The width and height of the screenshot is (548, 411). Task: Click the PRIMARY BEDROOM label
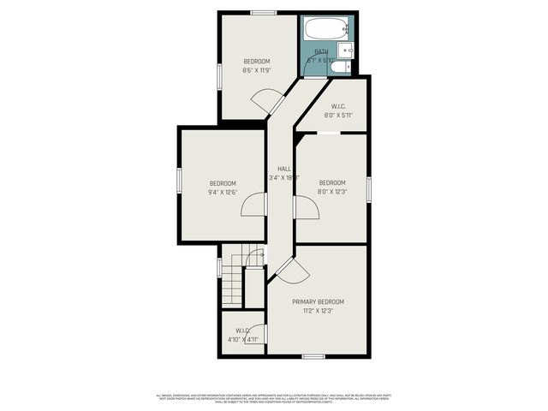[318, 302]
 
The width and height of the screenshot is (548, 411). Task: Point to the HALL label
[283, 169]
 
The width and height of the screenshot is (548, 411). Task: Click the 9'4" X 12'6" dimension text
[221, 193]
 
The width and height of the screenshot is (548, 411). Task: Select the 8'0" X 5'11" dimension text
[338, 115]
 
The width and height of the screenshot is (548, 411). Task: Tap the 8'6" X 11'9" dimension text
[256, 70]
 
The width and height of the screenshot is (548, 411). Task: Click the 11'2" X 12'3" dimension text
[318, 311]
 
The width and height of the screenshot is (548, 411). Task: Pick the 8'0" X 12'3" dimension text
[332, 192]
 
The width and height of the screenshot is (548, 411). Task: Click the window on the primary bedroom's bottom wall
[313, 355]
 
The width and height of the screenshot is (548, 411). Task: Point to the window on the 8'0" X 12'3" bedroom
[369, 188]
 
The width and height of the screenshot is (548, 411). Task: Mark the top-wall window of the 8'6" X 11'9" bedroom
[264, 12]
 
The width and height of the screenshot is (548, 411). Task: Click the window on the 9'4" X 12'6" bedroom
[178, 182]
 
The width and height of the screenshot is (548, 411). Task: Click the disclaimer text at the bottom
[274, 398]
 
